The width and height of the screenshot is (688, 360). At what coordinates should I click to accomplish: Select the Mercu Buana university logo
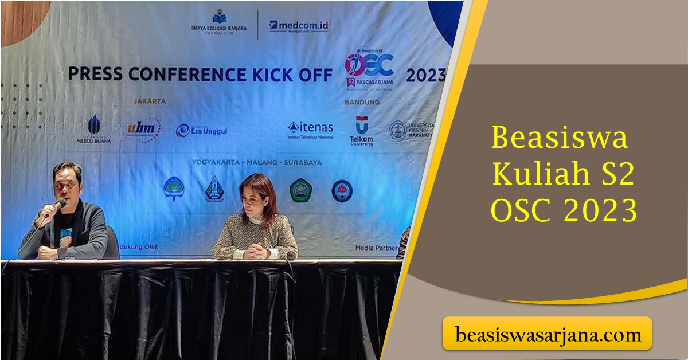(94, 129)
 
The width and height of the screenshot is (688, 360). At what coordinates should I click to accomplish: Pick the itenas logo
(310, 130)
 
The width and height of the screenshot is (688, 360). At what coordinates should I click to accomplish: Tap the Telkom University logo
(361, 131)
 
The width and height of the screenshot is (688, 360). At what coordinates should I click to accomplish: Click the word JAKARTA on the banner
(150, 101)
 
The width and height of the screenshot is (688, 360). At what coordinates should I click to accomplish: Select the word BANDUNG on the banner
(362, 102)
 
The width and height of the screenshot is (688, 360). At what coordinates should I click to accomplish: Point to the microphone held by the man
(58, 205)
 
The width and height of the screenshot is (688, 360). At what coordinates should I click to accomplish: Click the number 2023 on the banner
(425, 75)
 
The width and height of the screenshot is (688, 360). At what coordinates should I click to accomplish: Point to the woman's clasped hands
(252, 251)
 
